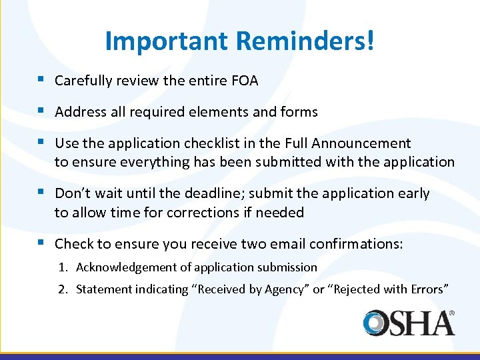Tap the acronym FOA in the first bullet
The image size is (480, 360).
(x=245, y=81)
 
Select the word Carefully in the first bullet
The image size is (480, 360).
(x=83, y=81)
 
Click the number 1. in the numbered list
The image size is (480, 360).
(x=63, y=267)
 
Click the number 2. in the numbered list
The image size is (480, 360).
(x=63, y=289)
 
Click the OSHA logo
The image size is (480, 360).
(x=409, y=322)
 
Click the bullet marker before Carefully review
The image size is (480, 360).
(x=42, y=80)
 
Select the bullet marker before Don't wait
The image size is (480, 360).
(x=42, y=193)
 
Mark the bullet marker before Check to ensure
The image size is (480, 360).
(x=42, y=243)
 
